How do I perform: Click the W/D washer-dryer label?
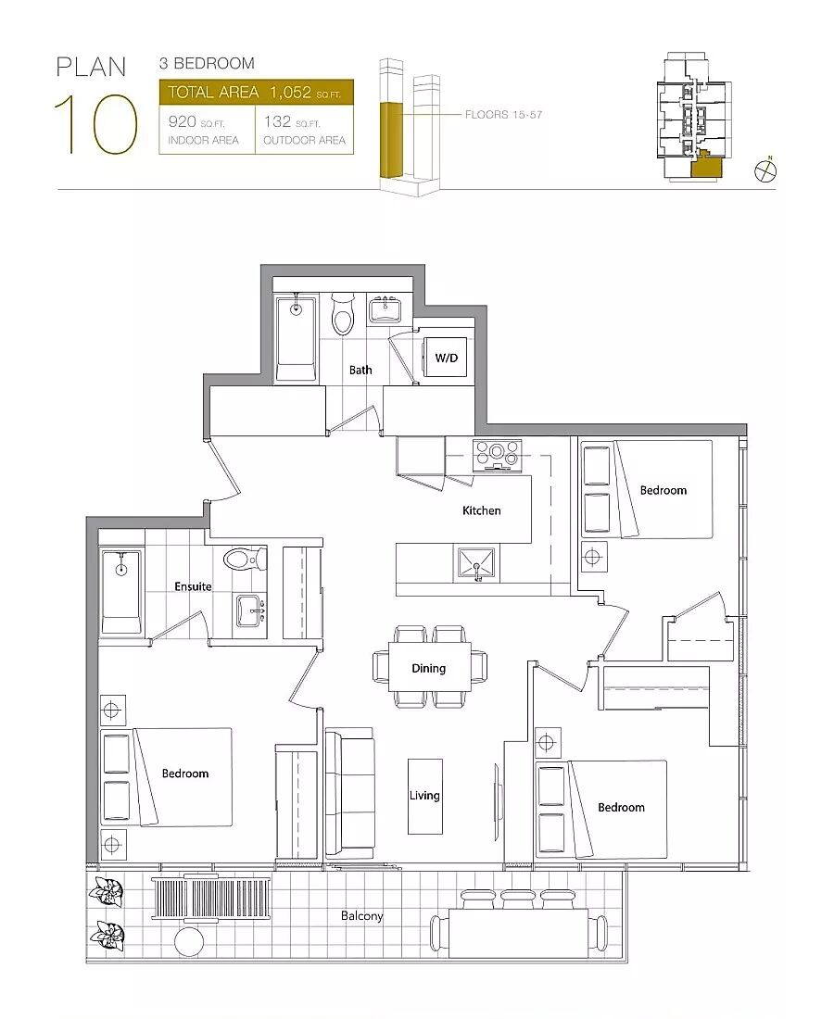tap(446, 359)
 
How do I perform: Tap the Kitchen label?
tap(481, 510)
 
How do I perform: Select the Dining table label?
tap(428, 668)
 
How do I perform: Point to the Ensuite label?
tap(193, 586)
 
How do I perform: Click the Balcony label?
tap(362, 916)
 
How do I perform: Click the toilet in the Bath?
tap(342, 314)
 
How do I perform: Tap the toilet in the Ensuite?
tap(245, 558)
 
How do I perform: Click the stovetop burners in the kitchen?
tap(498, 454)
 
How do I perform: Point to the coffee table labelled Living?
tap(425, 797)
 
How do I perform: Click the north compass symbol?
tap(765, 170)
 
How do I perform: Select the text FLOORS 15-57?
tap(503, 115)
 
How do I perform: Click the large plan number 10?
tap(95, 124)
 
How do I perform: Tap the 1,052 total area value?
tap(291, 93)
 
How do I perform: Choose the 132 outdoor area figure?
tap(277, 121)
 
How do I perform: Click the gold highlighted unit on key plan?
tap(705, 168)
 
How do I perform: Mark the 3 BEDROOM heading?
tap(207, 64)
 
